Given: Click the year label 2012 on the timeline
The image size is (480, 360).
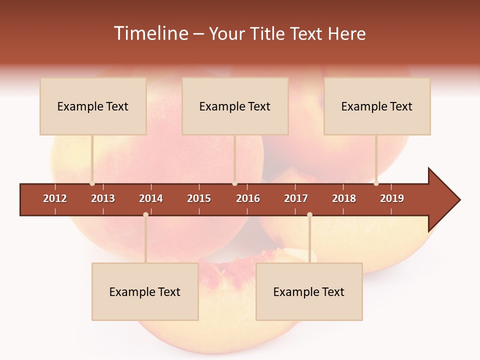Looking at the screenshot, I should (55, 198).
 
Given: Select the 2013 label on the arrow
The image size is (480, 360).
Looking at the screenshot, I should (103, 198).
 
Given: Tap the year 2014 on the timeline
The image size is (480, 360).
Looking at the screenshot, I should (151, 198).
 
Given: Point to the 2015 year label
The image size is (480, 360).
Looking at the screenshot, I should (199, 198).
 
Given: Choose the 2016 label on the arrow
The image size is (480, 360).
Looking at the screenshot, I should (248, 198).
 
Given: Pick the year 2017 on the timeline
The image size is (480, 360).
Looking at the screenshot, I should (296, 198).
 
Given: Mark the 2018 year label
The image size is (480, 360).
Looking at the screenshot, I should (344, 198).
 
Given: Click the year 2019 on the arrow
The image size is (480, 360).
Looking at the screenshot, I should (392, 198).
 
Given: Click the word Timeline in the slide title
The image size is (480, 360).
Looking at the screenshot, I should (150, 33).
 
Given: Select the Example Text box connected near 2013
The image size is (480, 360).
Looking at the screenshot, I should (93, 106).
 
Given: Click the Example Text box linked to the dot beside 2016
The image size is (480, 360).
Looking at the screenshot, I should (235, 106).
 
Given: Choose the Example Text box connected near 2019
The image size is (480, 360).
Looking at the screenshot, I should (377, 106).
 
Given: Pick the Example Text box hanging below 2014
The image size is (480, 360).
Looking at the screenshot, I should (145, 291).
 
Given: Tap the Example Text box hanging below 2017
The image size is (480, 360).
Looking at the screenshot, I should (309, 291).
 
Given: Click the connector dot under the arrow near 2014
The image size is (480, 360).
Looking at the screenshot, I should (145, 214).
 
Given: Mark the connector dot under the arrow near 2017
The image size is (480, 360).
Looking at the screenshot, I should (309, 214).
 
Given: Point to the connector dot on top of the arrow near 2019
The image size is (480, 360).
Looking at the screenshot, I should (376, 183).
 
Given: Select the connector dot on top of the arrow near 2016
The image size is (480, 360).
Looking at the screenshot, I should (234, 183).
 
